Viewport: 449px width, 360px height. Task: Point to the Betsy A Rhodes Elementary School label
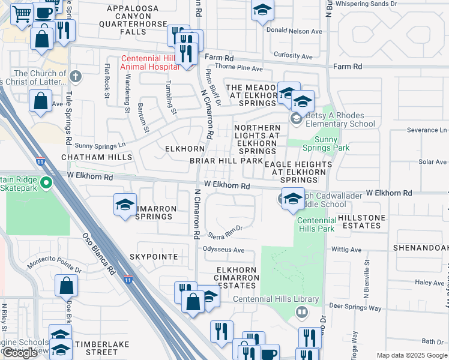click(x=340, y=120)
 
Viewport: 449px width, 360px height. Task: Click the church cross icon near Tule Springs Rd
click(x=74, y=76)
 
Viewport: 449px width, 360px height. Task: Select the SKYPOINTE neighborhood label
click(x=153, y=257)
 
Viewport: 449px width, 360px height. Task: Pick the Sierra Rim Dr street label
click(x=225, y=229)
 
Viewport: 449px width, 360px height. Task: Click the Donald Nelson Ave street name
click(x=294, y=31)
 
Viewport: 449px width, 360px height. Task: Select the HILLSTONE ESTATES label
click(x=359, y=221)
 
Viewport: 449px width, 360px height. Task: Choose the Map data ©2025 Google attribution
click(x=412, y=355)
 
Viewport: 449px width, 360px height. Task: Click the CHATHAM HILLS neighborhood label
click(x=96, y=157)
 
